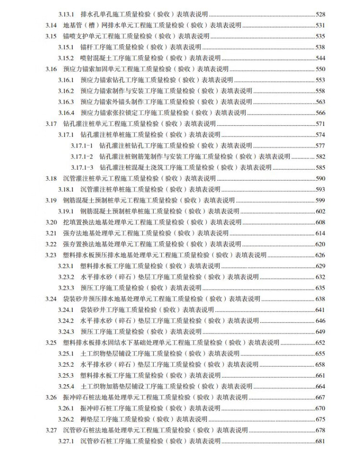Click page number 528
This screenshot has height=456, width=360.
tap(321, 14)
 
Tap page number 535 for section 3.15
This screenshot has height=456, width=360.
tap(321, 36)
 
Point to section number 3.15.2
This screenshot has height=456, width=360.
tap(66, 58)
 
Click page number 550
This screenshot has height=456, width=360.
tap(321, 69)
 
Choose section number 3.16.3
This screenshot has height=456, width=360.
tap(66, 102)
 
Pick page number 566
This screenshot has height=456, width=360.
tap(321, 113)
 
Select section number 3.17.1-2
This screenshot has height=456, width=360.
tap(82, 157)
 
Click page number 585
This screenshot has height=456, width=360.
tap(321, 168)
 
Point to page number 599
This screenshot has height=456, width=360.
tap(321, 200)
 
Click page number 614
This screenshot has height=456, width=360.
tap(321, 234)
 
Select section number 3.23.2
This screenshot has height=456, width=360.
tap(66, 277)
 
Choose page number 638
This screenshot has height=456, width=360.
tap(321, 299)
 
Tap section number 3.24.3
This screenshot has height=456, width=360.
tap(66, 332)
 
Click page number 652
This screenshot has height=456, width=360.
tap(321, 343)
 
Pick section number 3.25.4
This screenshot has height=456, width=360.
tap(66, 386)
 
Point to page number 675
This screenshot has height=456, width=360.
tap(321, 419)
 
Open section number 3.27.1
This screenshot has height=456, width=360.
tap(66, 441)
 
